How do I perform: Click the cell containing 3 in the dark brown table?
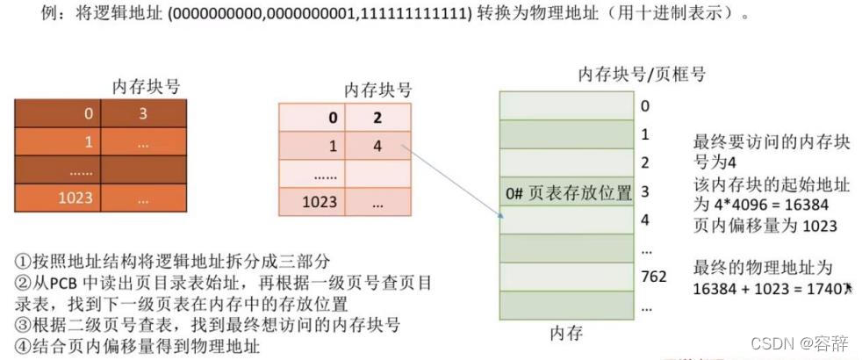click(x=143, y=113)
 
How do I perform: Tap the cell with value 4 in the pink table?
click(x=377, y=146)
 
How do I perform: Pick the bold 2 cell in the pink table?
click(x=377, y=118)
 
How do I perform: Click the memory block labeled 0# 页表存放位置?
click(x=566, y=192)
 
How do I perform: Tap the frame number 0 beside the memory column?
click(x=644, y=106)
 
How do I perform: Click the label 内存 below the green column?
click(x=565, y=333)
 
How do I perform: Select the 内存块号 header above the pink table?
click(x=377, y=90)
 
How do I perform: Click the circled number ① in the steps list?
click(x=23, y=261)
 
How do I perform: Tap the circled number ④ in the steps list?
click(x=23, y=346)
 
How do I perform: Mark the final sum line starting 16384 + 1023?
click(x=772, y=288)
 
